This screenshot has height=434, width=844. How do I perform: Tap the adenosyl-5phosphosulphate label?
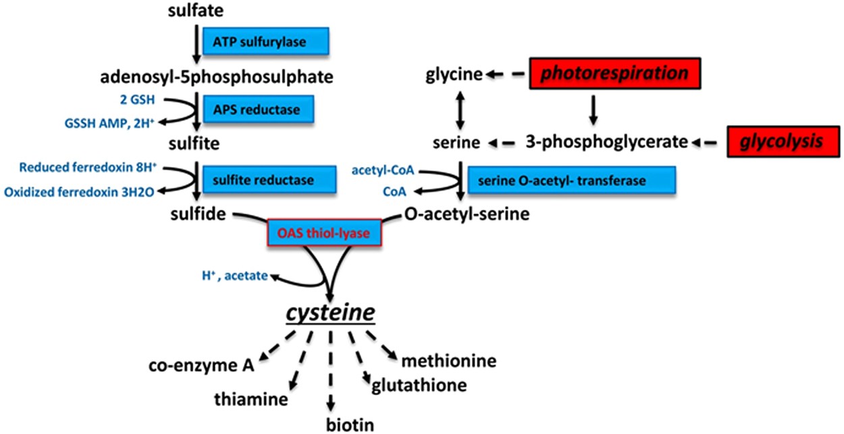tap(217, 77)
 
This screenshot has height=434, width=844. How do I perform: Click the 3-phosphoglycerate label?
tap(606, 142)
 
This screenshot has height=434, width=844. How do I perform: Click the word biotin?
tap(349, 424)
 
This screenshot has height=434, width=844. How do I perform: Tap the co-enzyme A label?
tap(201, 366)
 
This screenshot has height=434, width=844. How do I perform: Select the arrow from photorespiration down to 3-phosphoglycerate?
tap(593, 109)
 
